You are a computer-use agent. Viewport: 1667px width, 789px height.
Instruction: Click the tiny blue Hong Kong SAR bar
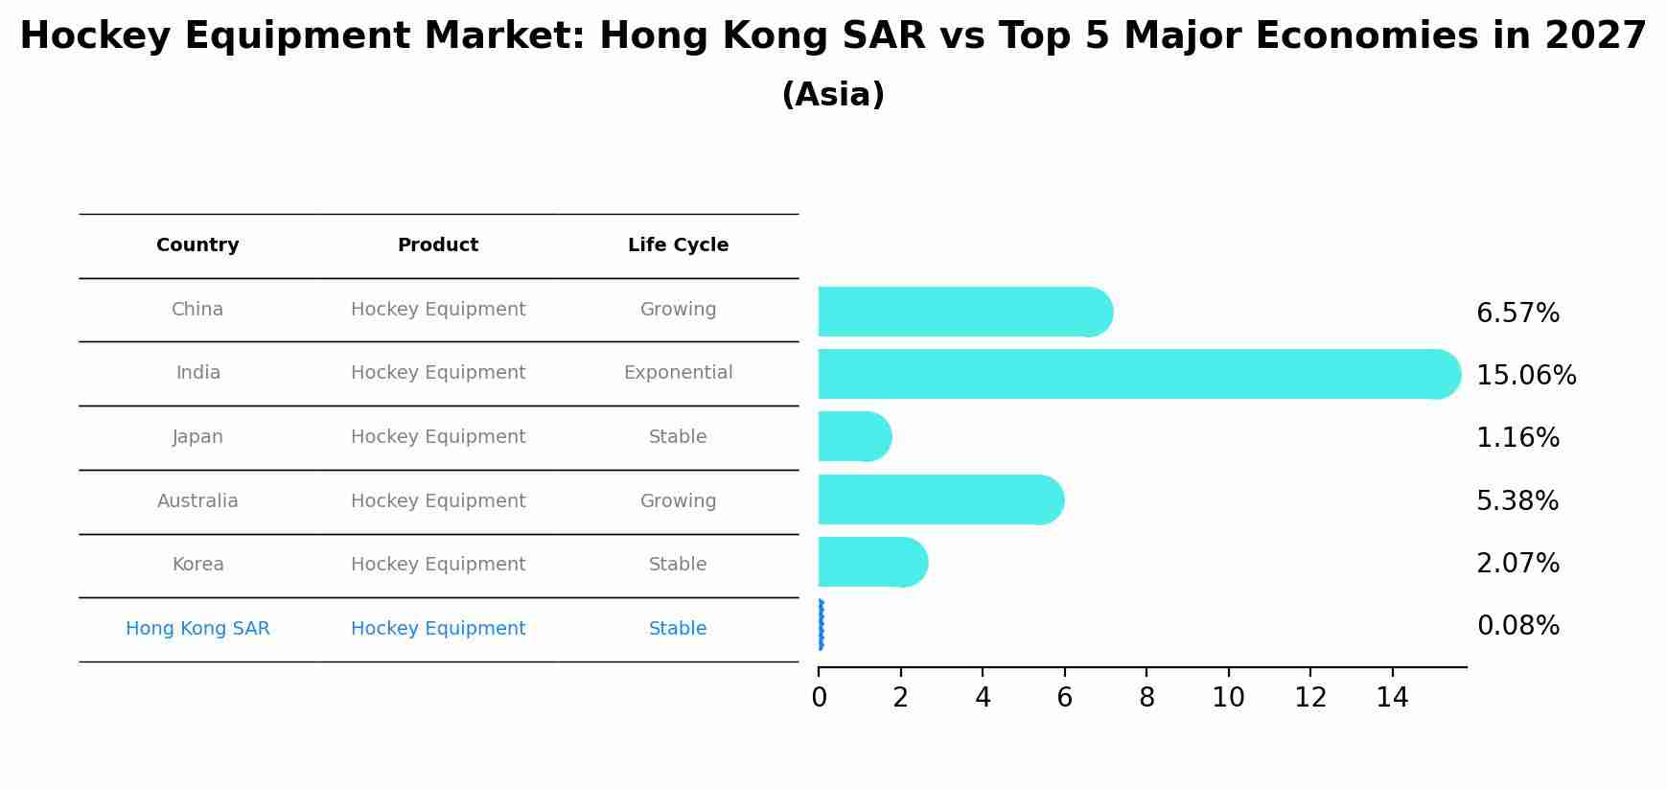tap(821, 625)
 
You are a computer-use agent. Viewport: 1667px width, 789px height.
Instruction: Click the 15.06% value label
tap(1526, 376)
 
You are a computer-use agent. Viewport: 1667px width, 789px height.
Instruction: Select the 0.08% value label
tap(1517, 626)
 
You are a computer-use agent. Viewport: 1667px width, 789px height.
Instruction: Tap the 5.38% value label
tap(1517, 501)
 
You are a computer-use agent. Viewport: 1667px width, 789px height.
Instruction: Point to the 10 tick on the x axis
tap(1228, 698)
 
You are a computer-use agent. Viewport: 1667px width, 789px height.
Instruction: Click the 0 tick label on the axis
tap(819, 698)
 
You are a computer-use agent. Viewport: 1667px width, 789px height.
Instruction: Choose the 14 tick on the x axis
tap(1392, 698)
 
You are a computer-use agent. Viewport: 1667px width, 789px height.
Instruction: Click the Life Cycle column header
tap(678, 245)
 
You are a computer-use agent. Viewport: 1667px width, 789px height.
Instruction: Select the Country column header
tap(197, 245)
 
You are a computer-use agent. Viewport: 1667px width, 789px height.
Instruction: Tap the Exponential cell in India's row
tap(678, 373)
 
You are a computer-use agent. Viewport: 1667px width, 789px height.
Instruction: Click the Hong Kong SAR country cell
tap(197, 629)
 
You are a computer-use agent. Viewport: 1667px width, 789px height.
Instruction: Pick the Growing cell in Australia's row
tap(678, 501)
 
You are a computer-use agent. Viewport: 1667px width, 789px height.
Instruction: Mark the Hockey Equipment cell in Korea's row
tap(438, 565)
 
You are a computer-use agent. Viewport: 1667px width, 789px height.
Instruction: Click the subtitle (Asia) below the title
tap(833, 95)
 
